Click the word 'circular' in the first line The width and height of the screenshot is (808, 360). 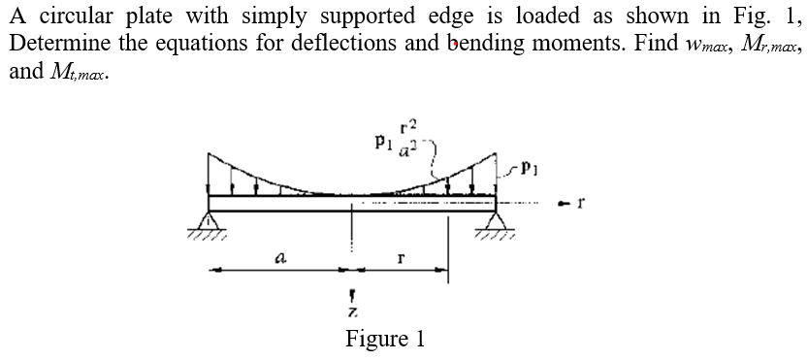(78, 16)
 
